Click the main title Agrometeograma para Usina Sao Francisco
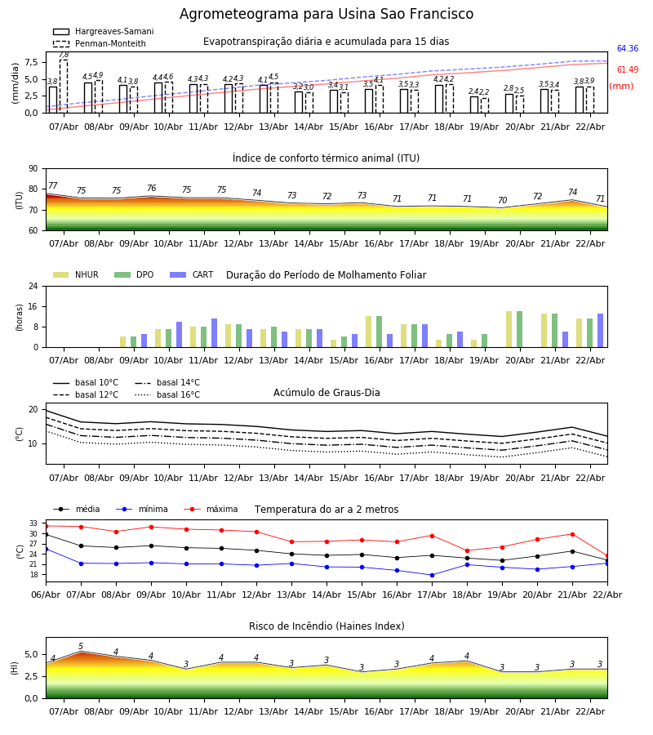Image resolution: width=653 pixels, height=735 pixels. tap(326, 15)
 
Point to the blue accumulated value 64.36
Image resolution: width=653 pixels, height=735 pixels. tap(628, 49)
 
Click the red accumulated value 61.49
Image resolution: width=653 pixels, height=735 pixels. tap(628, 70)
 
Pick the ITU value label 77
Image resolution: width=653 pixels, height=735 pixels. tap(53, 186)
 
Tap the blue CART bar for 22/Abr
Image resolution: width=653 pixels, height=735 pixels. tap(600, 330)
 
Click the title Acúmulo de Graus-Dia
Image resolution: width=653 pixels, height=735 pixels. tap(326, 393)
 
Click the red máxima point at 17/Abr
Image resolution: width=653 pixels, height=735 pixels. tap(432, 536)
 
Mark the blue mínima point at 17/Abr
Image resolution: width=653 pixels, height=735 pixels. tap(432, 575)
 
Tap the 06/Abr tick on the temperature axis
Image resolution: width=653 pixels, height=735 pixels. tap(46, 594)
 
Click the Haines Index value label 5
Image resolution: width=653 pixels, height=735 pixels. tap(81, 647)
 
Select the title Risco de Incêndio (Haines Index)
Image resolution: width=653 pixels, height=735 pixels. tap(326, 626)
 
